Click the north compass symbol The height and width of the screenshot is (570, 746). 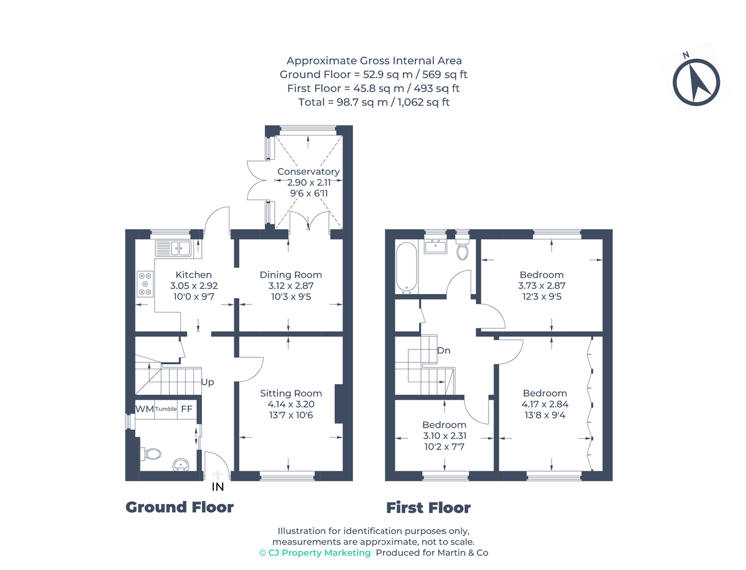click(696, 81)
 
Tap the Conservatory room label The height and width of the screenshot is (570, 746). click(308, 172)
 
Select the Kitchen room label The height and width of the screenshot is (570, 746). click(193, 275)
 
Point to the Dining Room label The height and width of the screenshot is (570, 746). click(291, 275)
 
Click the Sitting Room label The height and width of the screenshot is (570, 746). click(291, 393)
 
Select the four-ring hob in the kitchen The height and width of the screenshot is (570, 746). click(145, 284)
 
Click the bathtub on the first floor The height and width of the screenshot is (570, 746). click(407, 268)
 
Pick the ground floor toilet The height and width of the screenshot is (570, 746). click(150, 454)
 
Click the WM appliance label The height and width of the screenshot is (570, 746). click(144, 409)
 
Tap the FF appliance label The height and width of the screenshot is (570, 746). click(186, 409)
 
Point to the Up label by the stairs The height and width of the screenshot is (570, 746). click(208, 382)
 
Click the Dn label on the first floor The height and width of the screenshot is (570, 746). click(443, 351)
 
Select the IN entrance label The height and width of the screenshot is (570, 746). click(218, 487)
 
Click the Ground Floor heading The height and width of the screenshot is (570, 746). click(180, 507)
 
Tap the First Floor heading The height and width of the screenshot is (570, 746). click(428, 508)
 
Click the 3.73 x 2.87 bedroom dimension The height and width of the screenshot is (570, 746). click(541, 285)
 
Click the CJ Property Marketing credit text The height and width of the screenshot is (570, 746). click(315, 553)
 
